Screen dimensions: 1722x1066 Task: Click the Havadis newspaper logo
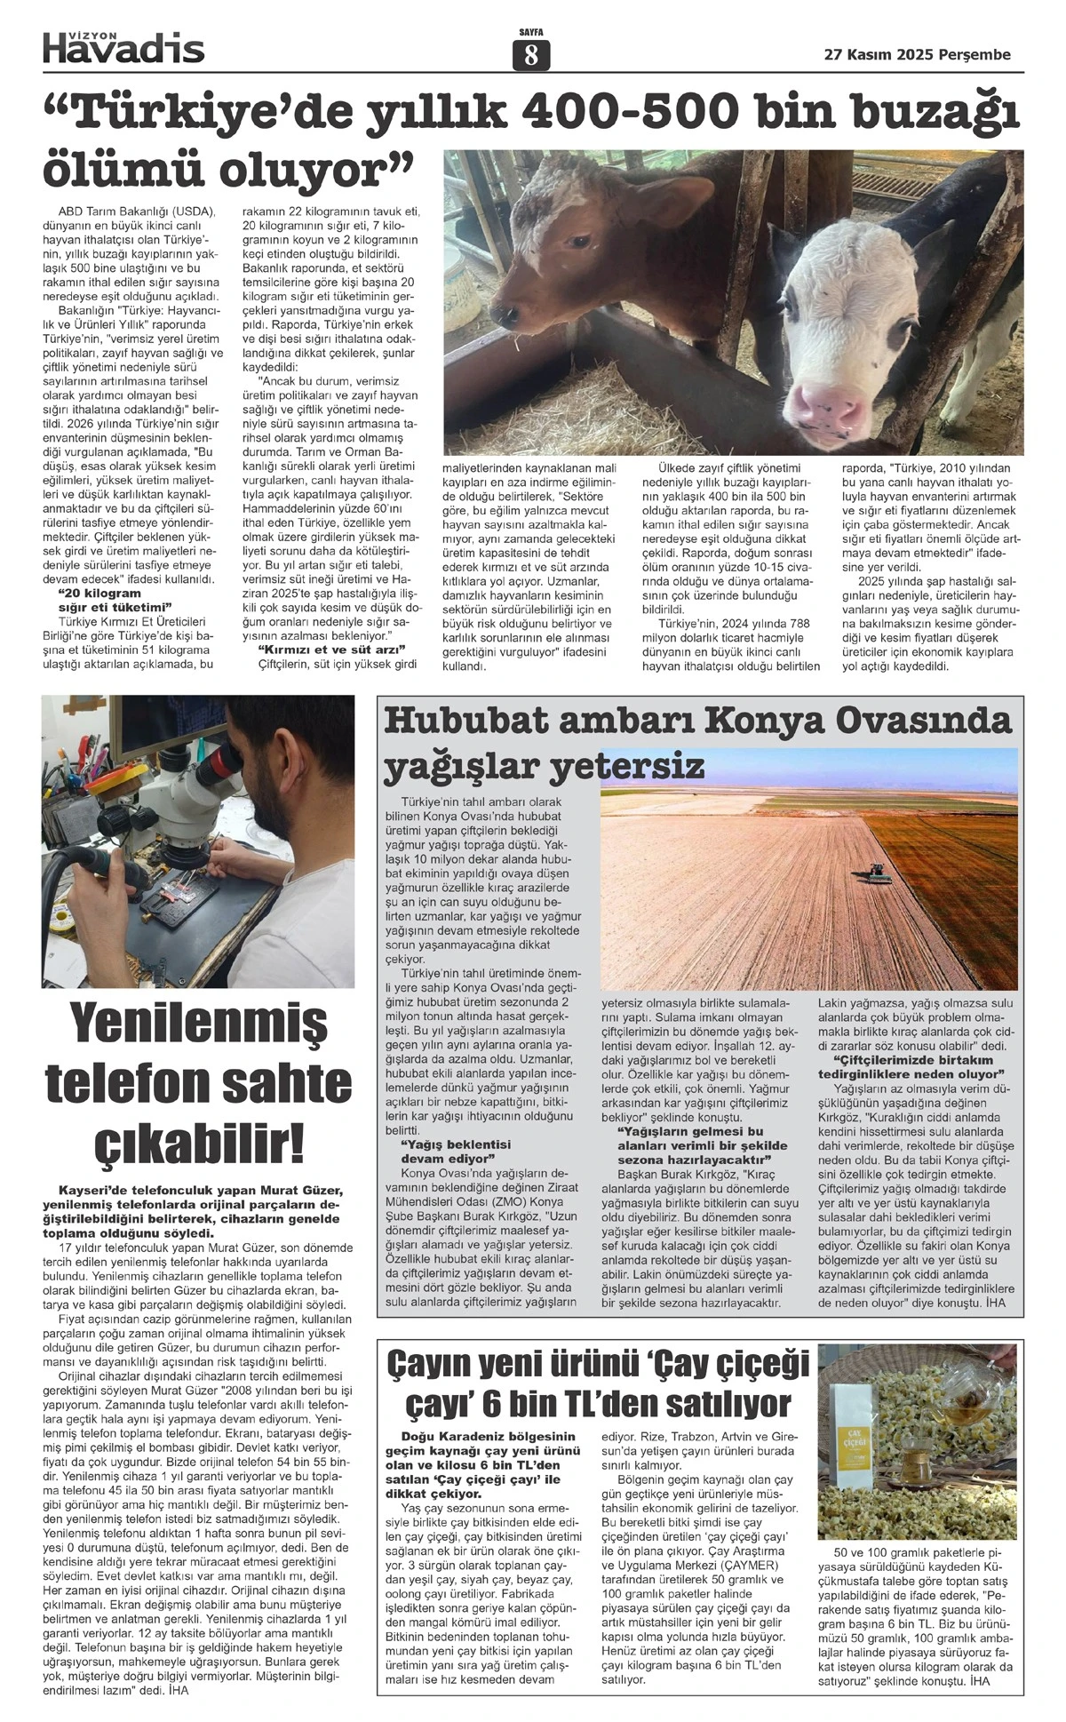(123, 48)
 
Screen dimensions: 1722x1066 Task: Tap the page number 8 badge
(531, 56)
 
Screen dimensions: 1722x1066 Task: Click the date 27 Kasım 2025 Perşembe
(918, 55)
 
